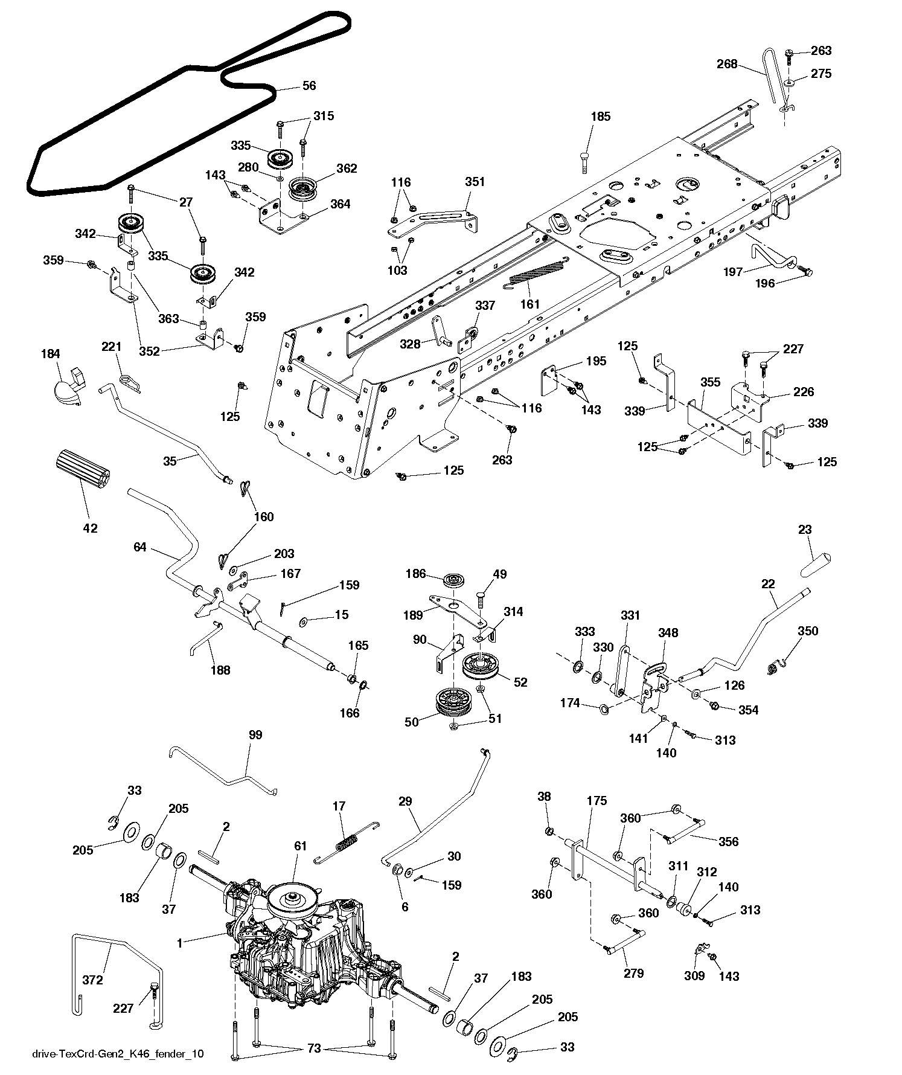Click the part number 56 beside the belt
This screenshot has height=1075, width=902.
pos(309,86)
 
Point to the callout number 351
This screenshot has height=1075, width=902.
pos(475,182)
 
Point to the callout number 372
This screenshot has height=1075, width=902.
pos(92,980)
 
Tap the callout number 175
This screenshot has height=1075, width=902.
pos(597,801)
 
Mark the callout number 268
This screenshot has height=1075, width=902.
pos(727,63)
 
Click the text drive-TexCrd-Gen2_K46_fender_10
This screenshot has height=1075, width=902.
pos(117,1054)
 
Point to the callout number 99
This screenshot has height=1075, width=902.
pos(256,735)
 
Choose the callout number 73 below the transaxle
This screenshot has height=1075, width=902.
pos(314,1049)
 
